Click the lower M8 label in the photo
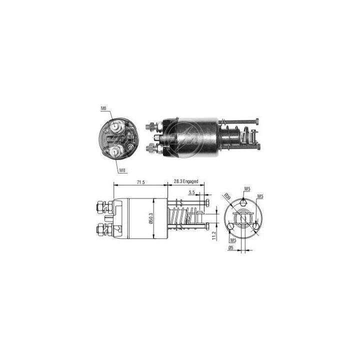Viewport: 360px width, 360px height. (122, 171)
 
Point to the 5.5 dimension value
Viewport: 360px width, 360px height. (192, 192)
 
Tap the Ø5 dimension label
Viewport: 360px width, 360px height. (230, 247)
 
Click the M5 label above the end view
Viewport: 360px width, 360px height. (247, 188)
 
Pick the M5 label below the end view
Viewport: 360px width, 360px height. (226, 239)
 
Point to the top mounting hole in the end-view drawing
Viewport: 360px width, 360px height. (242, 202)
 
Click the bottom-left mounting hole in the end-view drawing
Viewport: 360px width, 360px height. (230, 227)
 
